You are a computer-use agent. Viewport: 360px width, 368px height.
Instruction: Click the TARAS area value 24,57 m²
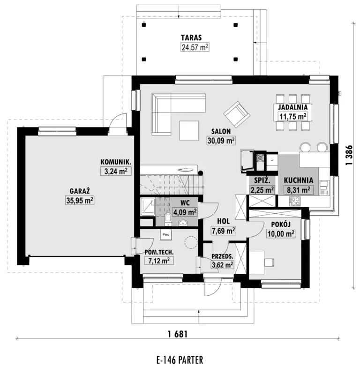click(195, 47)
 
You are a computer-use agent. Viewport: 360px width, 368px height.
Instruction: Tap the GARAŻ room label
click(80, 191)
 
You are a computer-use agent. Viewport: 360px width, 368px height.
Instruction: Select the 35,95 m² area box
click(80, 201)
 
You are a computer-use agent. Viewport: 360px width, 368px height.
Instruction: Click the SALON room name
click(221, 131)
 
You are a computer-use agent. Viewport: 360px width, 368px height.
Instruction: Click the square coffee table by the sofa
click(189, 130)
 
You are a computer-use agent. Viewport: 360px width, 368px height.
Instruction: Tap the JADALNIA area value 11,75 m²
click(292, 116)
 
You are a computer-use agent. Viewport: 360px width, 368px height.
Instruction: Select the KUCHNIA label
click(299, 180)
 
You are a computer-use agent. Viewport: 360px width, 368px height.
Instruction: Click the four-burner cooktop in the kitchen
click(295, 201)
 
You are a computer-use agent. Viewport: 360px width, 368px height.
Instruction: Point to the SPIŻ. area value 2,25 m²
click(262, 190)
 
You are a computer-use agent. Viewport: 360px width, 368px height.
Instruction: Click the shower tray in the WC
click(148, 207)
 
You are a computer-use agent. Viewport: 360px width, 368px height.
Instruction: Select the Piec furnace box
click(166, 234)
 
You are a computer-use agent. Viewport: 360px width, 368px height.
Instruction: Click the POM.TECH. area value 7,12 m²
click(159, 261)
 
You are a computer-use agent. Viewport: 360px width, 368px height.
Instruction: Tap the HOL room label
click(224, 221)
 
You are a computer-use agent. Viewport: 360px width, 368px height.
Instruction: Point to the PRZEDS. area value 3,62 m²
click(223, 265)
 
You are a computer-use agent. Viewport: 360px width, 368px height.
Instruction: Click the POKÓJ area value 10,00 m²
click(281, 234)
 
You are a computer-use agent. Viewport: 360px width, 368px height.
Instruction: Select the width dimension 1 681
click(178, 334)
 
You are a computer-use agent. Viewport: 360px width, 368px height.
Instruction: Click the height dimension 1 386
click(349, 155)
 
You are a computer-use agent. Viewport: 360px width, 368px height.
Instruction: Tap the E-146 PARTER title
click(180, 360)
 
